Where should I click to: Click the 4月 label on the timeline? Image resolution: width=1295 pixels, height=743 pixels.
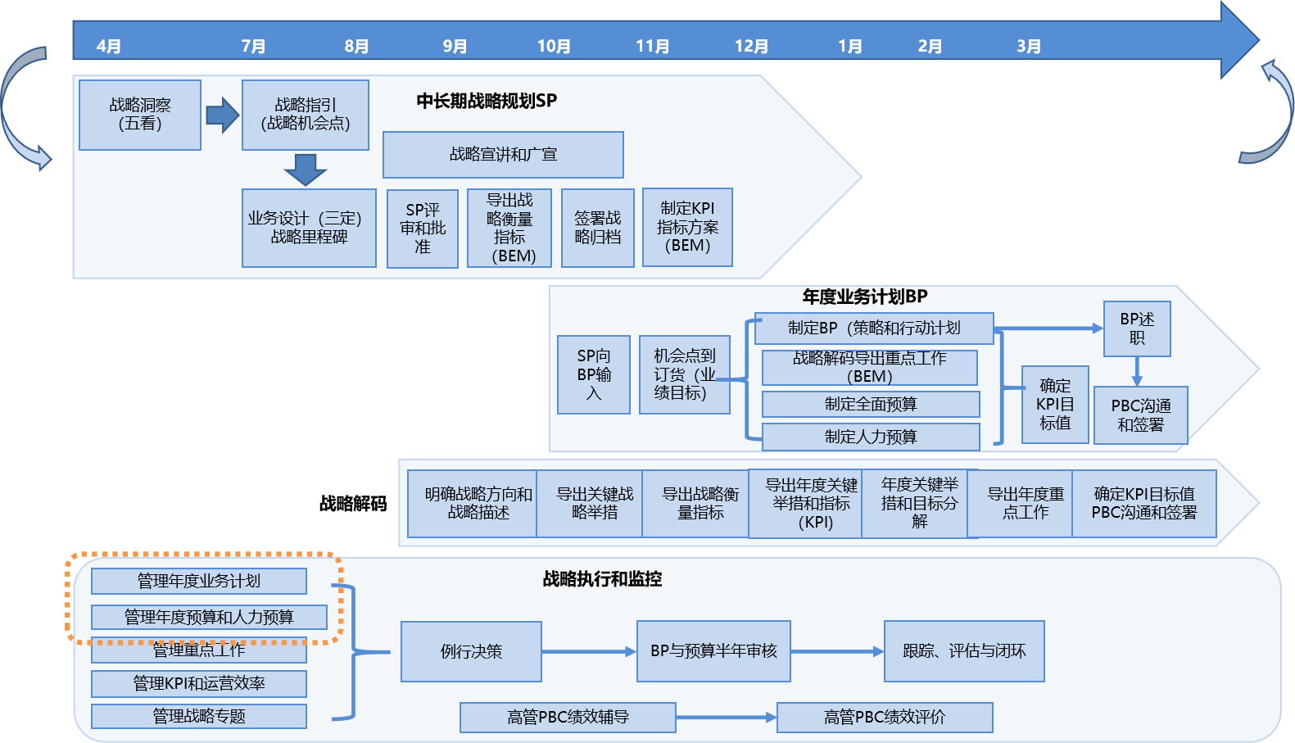(108, 47)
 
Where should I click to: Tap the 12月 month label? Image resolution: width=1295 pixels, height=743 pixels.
(751, 47)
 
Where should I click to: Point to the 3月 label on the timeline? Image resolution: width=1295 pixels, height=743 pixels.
(1029, 47)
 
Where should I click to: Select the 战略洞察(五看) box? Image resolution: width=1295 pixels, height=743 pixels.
(140, 115)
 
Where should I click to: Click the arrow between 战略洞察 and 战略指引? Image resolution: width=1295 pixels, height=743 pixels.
(222, 115)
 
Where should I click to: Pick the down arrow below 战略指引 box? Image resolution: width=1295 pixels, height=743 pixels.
(306, 170)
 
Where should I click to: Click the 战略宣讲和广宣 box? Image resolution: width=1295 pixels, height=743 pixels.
(503, 155)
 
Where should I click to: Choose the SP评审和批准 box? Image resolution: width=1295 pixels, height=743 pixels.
(423, 229)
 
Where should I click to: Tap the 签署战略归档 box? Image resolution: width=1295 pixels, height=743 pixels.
(598, 229)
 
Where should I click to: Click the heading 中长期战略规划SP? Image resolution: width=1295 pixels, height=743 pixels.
(487, 101)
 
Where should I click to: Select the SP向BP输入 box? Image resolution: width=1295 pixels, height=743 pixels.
(594, 374)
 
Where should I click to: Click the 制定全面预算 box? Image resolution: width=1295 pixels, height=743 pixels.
(871, 404)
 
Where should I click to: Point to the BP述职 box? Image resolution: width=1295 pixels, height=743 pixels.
(1137, 328)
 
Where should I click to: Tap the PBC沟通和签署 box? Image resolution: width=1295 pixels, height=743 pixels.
(1141, 415)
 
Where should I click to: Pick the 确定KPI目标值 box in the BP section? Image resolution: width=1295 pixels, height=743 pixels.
(1055, 405)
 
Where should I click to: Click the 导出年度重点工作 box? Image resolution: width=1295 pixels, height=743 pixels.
(1026, 503)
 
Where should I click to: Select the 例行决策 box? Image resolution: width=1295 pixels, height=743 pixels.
(471, 651)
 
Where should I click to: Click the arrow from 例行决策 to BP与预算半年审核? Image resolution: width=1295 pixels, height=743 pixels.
(589, 651)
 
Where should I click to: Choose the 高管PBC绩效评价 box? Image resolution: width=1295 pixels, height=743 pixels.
(885, 718)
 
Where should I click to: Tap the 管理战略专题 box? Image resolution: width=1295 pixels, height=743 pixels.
(199, 716)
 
